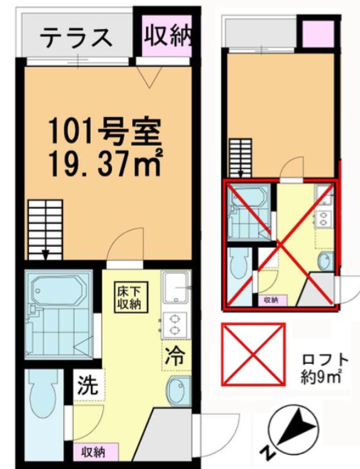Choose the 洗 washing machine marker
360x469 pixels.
86,387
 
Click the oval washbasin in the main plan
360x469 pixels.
176,391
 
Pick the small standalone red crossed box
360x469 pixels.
253,354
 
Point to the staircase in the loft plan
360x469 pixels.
240,156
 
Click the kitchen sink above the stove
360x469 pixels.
173,291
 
